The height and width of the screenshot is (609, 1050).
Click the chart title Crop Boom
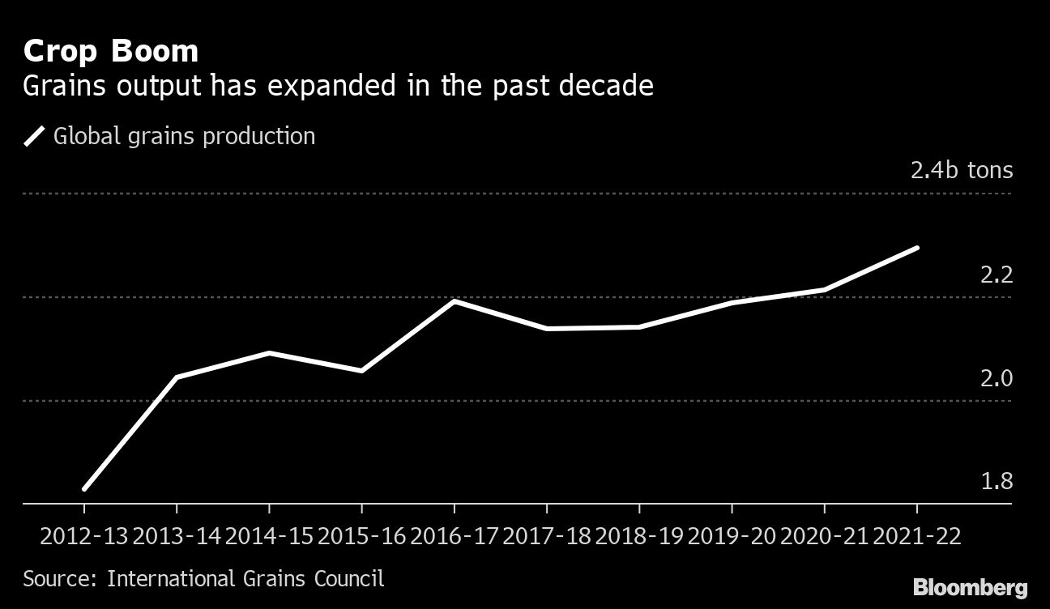[111, 52]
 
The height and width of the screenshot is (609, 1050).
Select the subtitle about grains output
[338, 86]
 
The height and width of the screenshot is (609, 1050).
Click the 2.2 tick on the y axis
[997, 275]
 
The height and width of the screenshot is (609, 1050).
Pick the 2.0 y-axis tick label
[997, 378]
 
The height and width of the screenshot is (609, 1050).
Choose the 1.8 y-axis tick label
[997, 482]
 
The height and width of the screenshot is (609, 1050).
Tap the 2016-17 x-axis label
[454, 537]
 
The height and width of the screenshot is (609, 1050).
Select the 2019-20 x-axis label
[732, 537]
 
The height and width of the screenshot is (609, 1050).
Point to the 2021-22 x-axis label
[916, 537]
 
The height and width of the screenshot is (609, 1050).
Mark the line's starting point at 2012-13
[84, 488]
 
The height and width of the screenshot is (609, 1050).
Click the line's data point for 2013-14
[177, 377]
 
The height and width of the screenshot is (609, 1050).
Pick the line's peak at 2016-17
[455, 301]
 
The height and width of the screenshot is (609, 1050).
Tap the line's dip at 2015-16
[361, 371]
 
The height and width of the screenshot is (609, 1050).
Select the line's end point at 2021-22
[917, 248]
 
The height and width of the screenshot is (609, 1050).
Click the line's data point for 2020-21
[825, 289]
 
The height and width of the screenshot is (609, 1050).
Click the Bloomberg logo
[970, 587]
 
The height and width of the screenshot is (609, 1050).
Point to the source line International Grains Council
[203, 579]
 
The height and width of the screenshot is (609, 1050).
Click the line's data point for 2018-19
[639, 327]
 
